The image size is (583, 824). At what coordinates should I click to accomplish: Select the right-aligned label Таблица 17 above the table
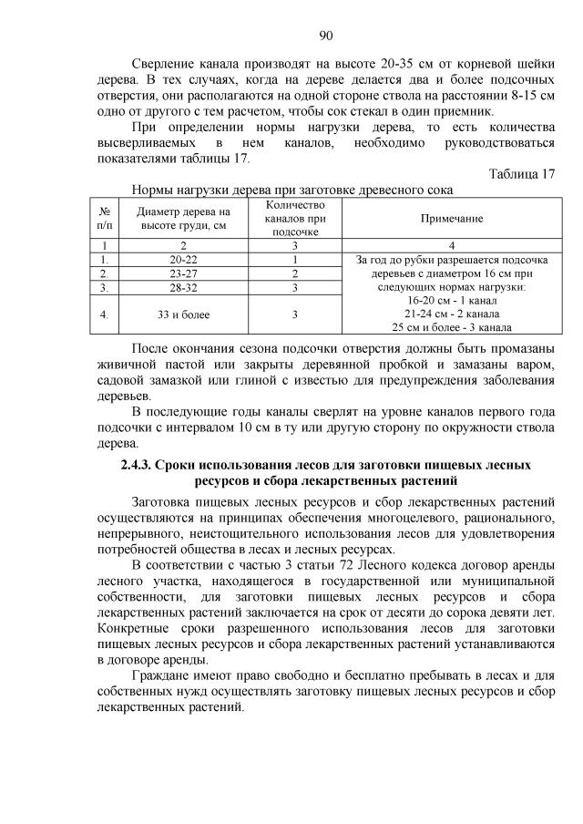click(521, 174)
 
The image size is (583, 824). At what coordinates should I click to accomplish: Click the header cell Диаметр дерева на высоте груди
click(183, 220)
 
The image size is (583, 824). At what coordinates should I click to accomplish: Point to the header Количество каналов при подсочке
click(296, 220)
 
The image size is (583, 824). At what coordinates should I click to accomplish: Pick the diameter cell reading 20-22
click(183, 259)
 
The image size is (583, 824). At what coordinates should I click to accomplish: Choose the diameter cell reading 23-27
click(183, 273)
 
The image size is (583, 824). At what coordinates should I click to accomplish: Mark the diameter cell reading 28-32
click(183, 288)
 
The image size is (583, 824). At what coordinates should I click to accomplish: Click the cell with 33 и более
click(183, 314)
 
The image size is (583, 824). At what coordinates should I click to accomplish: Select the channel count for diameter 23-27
click(296, 273)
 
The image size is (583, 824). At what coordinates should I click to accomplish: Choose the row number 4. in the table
click(106, 314)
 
